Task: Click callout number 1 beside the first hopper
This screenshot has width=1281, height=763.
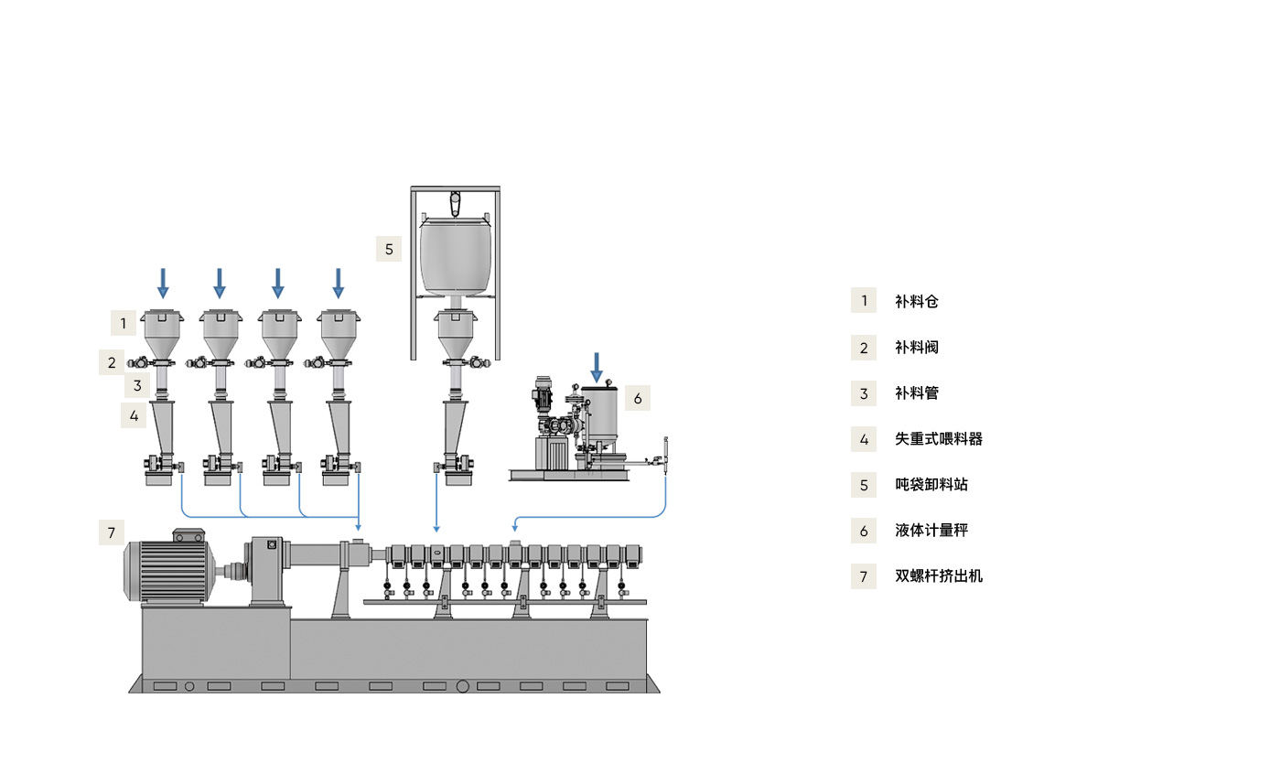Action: tap(124, 322)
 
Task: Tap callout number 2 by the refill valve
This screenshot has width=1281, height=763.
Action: tap(112, 362)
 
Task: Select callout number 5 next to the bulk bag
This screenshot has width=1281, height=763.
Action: tap(389, 249)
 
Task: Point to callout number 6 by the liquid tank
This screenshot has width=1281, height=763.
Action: tap(638, 398)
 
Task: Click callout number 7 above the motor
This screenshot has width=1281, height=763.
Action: tap(112, 532)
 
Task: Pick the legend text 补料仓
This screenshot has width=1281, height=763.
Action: tap(916, 301)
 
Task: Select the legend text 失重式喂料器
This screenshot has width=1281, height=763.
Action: tap(938, 438)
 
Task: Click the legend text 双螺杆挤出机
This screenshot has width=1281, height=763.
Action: tap(938, 576)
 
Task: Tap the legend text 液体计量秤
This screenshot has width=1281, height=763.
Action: tap(931, 531)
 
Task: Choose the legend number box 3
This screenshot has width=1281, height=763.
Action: tap(864, 393)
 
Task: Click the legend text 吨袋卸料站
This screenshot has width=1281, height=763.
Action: tap(931, 485)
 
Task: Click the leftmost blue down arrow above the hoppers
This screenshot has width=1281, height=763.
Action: tap(163, 283)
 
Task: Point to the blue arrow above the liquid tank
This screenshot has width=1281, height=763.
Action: tap(597, 367)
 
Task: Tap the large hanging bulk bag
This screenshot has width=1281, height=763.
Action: tap(455, 255)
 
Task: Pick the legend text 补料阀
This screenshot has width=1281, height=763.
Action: tap(916, 348)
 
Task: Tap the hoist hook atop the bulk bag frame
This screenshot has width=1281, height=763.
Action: tap(455, 202)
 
